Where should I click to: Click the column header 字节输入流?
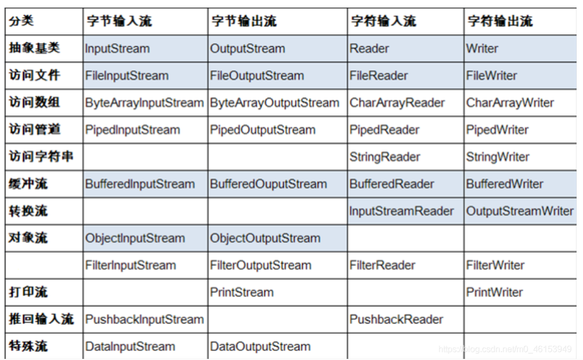tap(119, 21)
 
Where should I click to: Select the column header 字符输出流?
tap(500, 21)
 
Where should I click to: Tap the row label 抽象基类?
tap(34, 48)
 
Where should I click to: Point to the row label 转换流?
tap(28, 211)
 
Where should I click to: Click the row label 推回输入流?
tap(41, 319)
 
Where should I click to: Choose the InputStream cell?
tap(117, 49)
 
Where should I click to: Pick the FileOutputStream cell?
tap(257, 76)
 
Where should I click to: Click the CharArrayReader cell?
tap(397, 103)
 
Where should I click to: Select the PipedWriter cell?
tap(497, 130)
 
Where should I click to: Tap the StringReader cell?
tap(385, 157)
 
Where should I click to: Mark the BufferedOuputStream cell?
tap(268, 184)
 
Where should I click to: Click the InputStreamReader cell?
tap(402, 211)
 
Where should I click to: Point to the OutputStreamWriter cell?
tap(520, 211)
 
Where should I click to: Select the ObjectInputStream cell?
tap(135, 238)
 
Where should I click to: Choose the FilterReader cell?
tap(382, 265)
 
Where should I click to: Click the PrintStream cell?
tap(241, 292)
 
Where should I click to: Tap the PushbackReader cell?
tap(396, 319)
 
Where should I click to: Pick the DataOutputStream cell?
tap(260, 347)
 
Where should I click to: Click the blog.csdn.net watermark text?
tap(505, 350)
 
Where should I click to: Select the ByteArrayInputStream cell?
tap(144, 103)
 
